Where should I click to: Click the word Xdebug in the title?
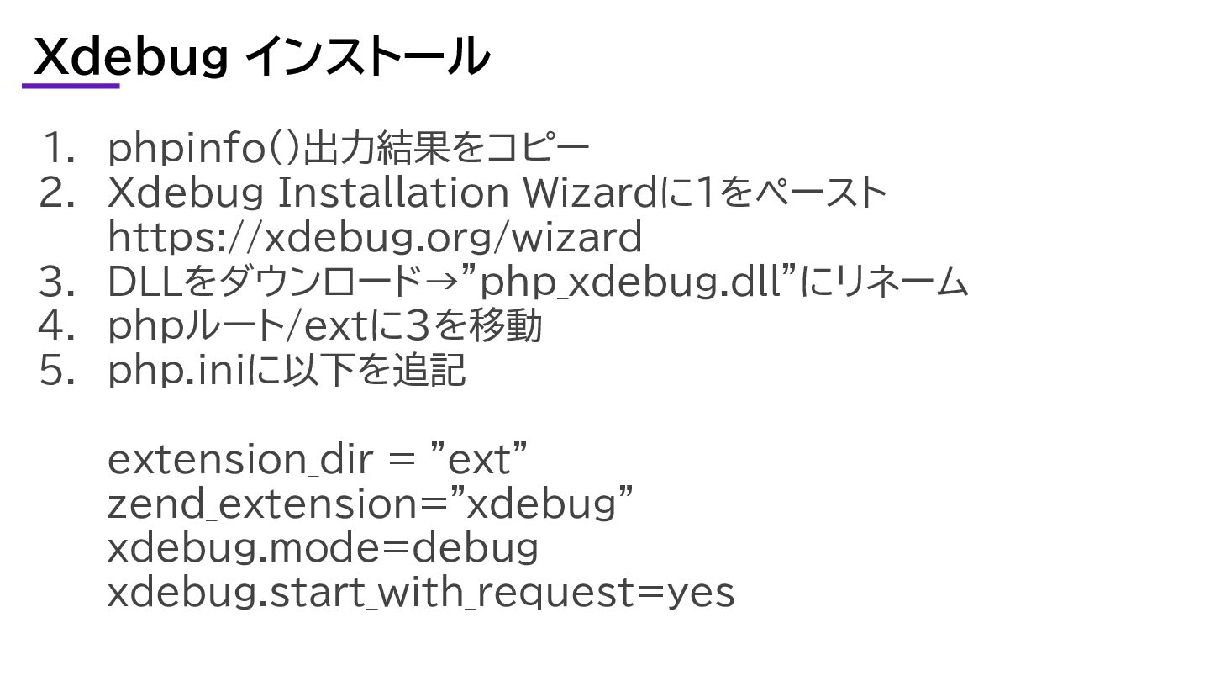click(x=131, y=57)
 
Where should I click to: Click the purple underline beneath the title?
click(x=71, y=85)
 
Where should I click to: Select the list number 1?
click(x=58, y=149)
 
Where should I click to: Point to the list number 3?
click(x=58, y=282)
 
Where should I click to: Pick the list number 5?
click(x=58, y=371)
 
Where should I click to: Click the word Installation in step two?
click(x=391, y=193)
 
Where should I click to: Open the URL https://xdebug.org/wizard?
click(x=375, y=238)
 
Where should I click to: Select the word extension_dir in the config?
click(x=239, y=460)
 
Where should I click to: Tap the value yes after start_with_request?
click(x=700, y=593)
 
